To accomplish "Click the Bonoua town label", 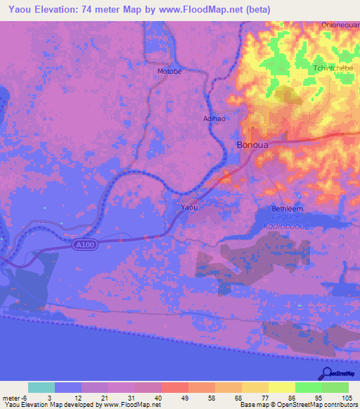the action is tap(250, 146).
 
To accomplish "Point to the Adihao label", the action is tap(214, 119).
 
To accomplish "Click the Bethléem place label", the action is tap(288, 209).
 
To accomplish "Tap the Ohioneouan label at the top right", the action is tap(340, 25).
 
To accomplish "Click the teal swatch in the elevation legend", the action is tap(41, 387).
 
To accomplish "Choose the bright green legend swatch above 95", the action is tap(309, 387).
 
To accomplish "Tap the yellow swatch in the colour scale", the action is tap(282, 387).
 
